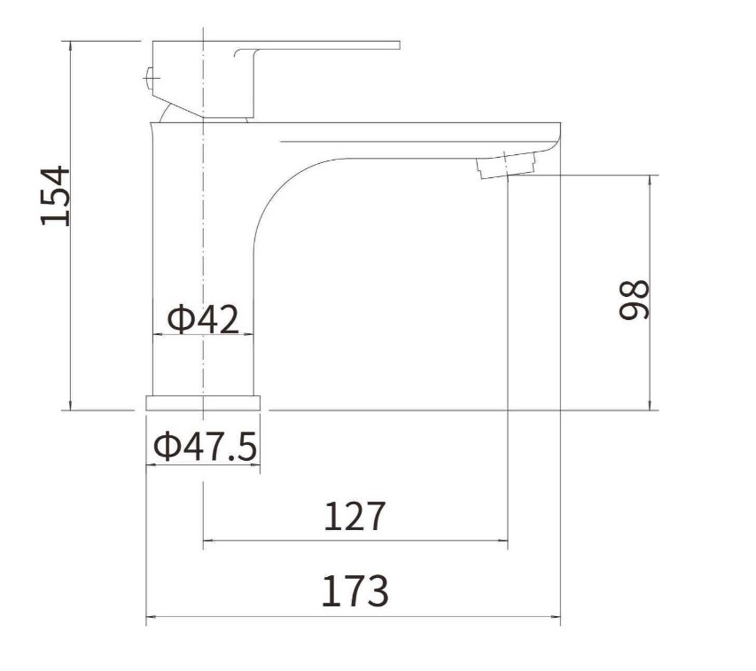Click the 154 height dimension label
(54, 196)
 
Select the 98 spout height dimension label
(634, 300)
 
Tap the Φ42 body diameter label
(203, 318)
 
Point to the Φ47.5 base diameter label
(205, 446)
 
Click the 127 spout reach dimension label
(355, 516)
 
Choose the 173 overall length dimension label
(355, 591)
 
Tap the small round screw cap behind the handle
(149, 76)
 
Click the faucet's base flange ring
(203, 403)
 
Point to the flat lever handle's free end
(399, 45)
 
